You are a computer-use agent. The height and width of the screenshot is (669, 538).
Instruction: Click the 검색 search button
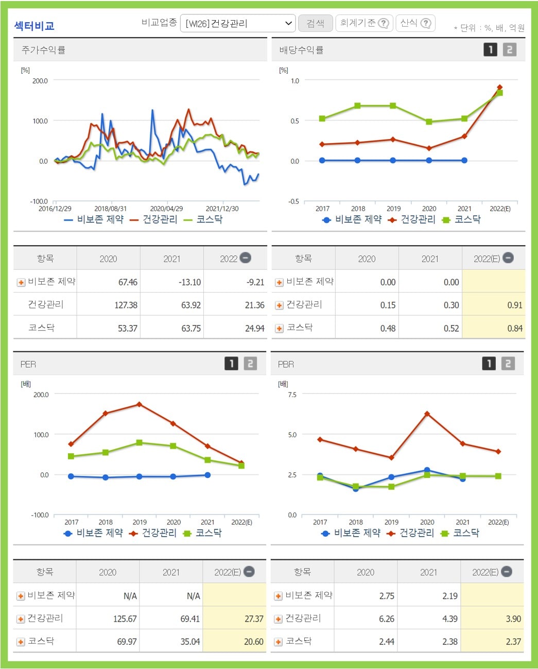point(315,23)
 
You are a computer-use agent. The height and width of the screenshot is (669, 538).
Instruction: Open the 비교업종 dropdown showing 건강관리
point(238,23)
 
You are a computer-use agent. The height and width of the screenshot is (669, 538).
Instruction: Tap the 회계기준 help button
point(364,23)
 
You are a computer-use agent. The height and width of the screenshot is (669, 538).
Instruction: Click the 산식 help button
point(415,23)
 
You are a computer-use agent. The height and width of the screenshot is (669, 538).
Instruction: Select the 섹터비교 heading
point(34,26)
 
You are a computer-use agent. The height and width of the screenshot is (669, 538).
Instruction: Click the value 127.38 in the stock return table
point(126,305)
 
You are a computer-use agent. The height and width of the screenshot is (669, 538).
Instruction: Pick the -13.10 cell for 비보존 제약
point(189,282)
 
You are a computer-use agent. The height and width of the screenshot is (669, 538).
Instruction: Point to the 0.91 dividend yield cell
point(514,305)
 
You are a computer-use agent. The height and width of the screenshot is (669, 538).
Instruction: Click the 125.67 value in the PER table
point(125,619)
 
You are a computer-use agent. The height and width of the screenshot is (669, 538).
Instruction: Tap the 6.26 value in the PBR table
point(386,619)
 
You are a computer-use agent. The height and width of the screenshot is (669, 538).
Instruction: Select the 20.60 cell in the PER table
point(253,642)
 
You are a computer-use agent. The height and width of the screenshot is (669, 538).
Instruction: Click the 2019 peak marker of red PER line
point(139,404)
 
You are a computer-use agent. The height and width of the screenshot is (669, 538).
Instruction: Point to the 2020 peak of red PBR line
point(427,414)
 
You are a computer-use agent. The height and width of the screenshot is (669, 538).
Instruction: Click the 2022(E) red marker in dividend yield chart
point(499,87)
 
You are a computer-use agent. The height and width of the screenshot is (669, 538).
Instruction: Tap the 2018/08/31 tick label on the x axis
point(110,209)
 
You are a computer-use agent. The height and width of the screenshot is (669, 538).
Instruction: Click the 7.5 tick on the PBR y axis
point(292,394)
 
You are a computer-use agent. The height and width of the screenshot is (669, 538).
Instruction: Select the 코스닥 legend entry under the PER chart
point(203,533)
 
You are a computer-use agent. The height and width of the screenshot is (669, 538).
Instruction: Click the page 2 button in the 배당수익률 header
point(509,49)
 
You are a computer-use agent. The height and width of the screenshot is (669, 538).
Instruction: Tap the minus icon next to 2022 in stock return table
point(246,258)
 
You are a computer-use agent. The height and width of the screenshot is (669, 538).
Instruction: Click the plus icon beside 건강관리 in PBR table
point(278,619)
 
